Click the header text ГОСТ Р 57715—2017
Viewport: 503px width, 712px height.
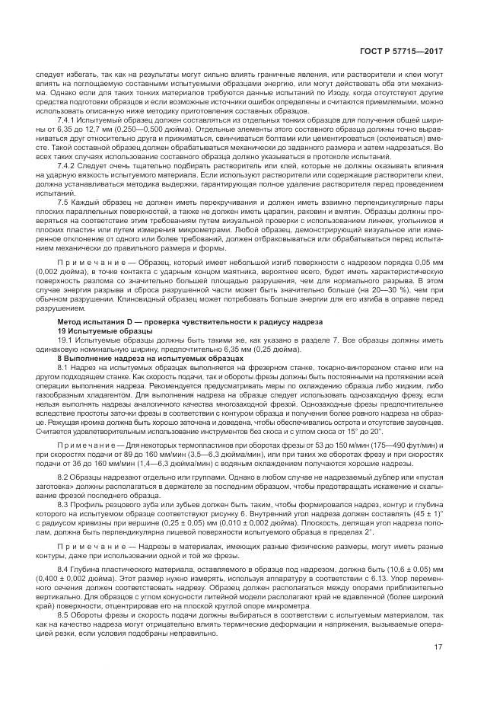(412, 51)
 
